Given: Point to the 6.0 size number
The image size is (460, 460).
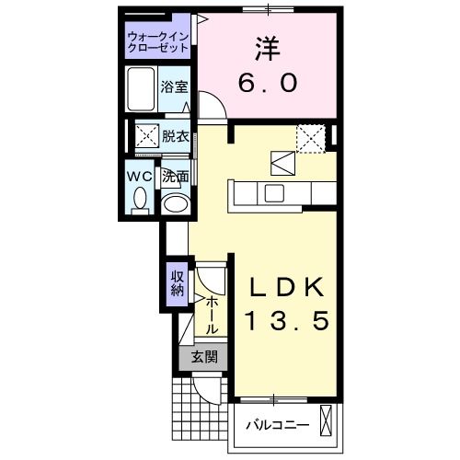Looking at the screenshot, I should (x=269, y=83).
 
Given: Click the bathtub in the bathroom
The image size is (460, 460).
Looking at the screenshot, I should (x=142, y=89).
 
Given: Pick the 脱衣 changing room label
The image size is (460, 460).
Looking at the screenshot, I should (x=176, y=136).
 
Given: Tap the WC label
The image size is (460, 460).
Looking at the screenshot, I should (x=140, y=174).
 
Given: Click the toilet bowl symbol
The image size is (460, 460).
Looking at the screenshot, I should (x=140, y=198).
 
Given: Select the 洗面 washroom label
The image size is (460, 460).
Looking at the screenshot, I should (x=176, y=175).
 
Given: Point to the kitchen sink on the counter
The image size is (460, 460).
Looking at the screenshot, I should (x=274, y=193).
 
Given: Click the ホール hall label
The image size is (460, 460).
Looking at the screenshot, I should (x=211, y=314).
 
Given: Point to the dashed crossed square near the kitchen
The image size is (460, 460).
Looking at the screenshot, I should (x=311, y=139).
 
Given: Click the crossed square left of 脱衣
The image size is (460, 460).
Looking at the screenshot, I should (x=145, y=136).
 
